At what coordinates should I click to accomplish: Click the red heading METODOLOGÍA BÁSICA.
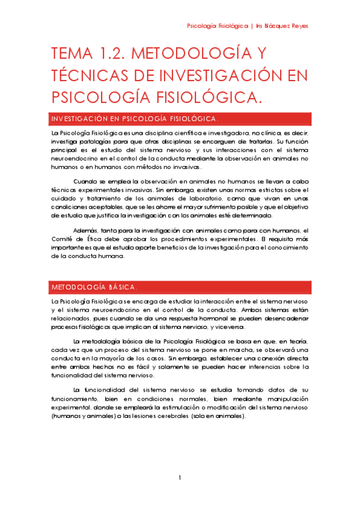pyautogui.click(x=94, y=286)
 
